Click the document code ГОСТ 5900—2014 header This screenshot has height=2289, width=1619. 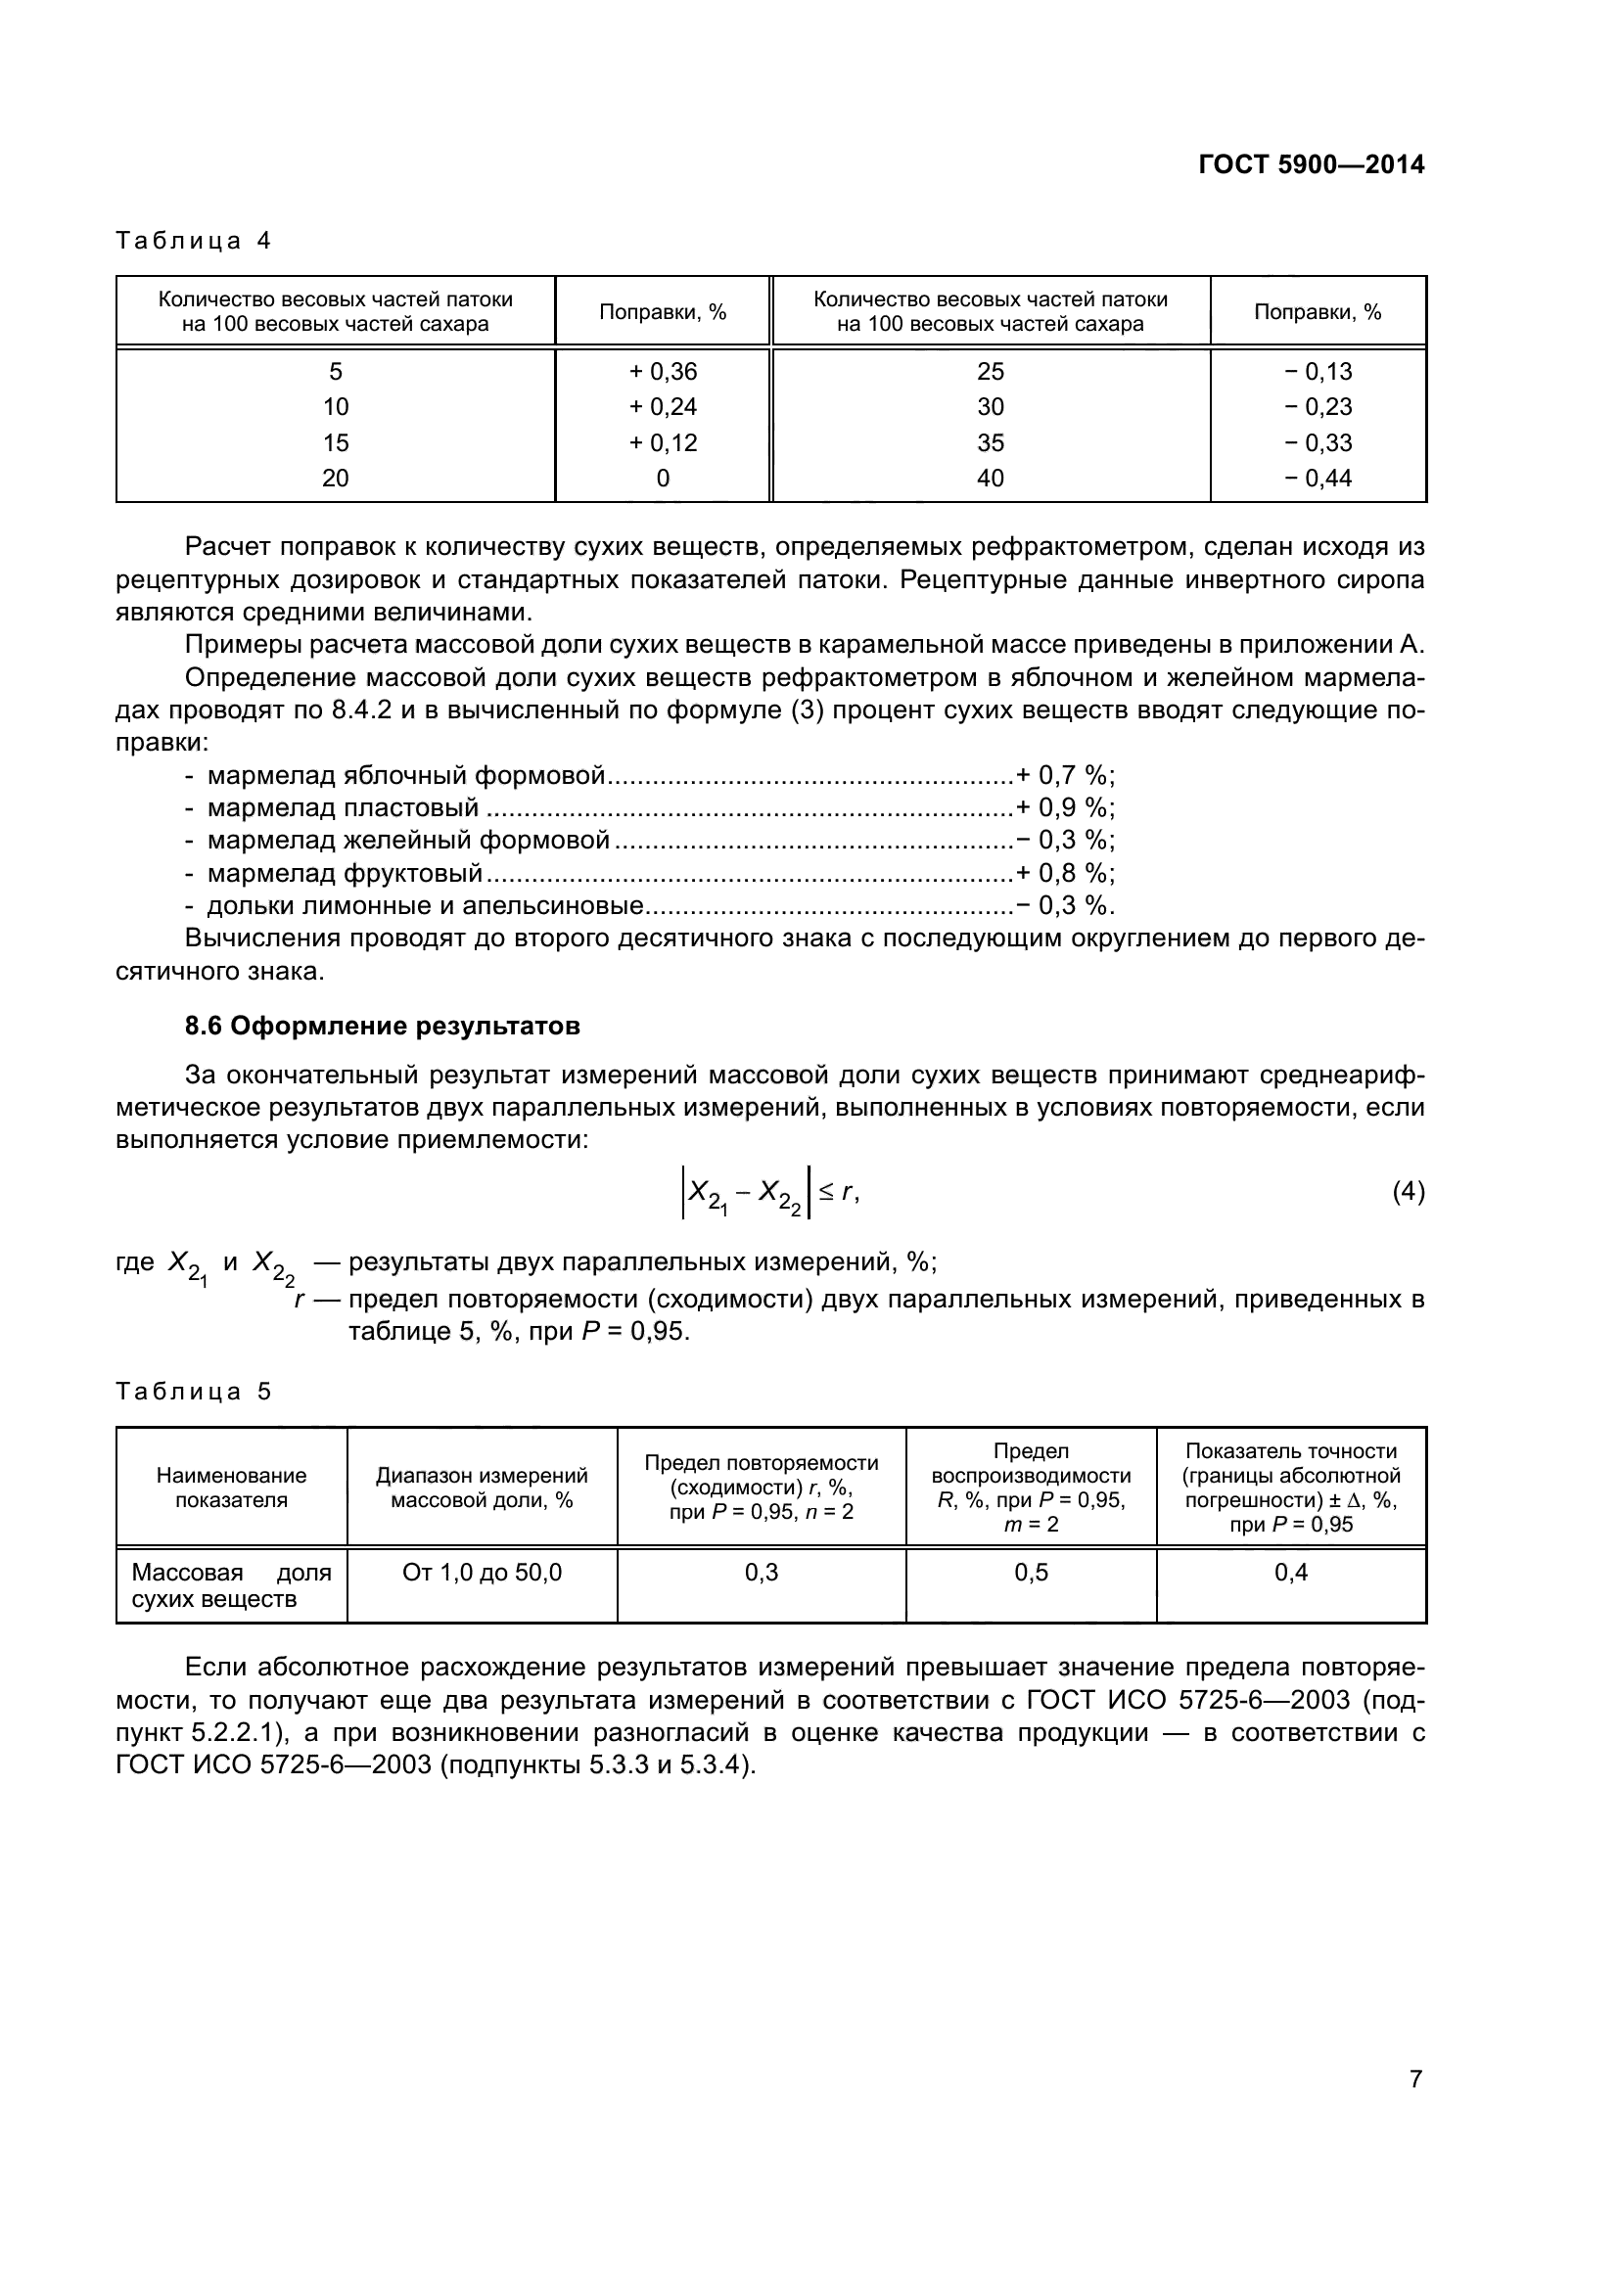(1311, 165)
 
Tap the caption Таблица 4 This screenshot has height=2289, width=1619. (194, 242)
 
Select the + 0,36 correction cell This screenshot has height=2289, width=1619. (663, 372)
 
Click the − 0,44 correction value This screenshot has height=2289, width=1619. (1317, 479)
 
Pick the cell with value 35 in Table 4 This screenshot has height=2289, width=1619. (990, 442)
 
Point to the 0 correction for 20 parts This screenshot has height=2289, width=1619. (663, 479)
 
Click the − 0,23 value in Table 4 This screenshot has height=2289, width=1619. (1317, 407)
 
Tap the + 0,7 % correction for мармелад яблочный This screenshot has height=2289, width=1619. (1064, 776)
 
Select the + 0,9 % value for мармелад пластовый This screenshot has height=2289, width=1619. (1064, 808)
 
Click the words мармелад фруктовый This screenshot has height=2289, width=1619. (344, 873)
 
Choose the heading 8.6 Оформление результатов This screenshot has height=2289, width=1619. (382, 1026)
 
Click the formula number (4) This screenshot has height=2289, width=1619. (1408, 1191)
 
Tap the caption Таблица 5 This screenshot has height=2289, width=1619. (194, 1392)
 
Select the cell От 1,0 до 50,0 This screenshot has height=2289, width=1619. (482, 1573)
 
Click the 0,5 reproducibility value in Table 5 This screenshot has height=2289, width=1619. (1031, 1573)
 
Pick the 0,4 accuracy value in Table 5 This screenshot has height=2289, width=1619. (1291, 1573)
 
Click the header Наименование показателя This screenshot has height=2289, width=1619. (231, 1488)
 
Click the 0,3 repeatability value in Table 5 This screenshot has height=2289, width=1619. (762, 1573)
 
